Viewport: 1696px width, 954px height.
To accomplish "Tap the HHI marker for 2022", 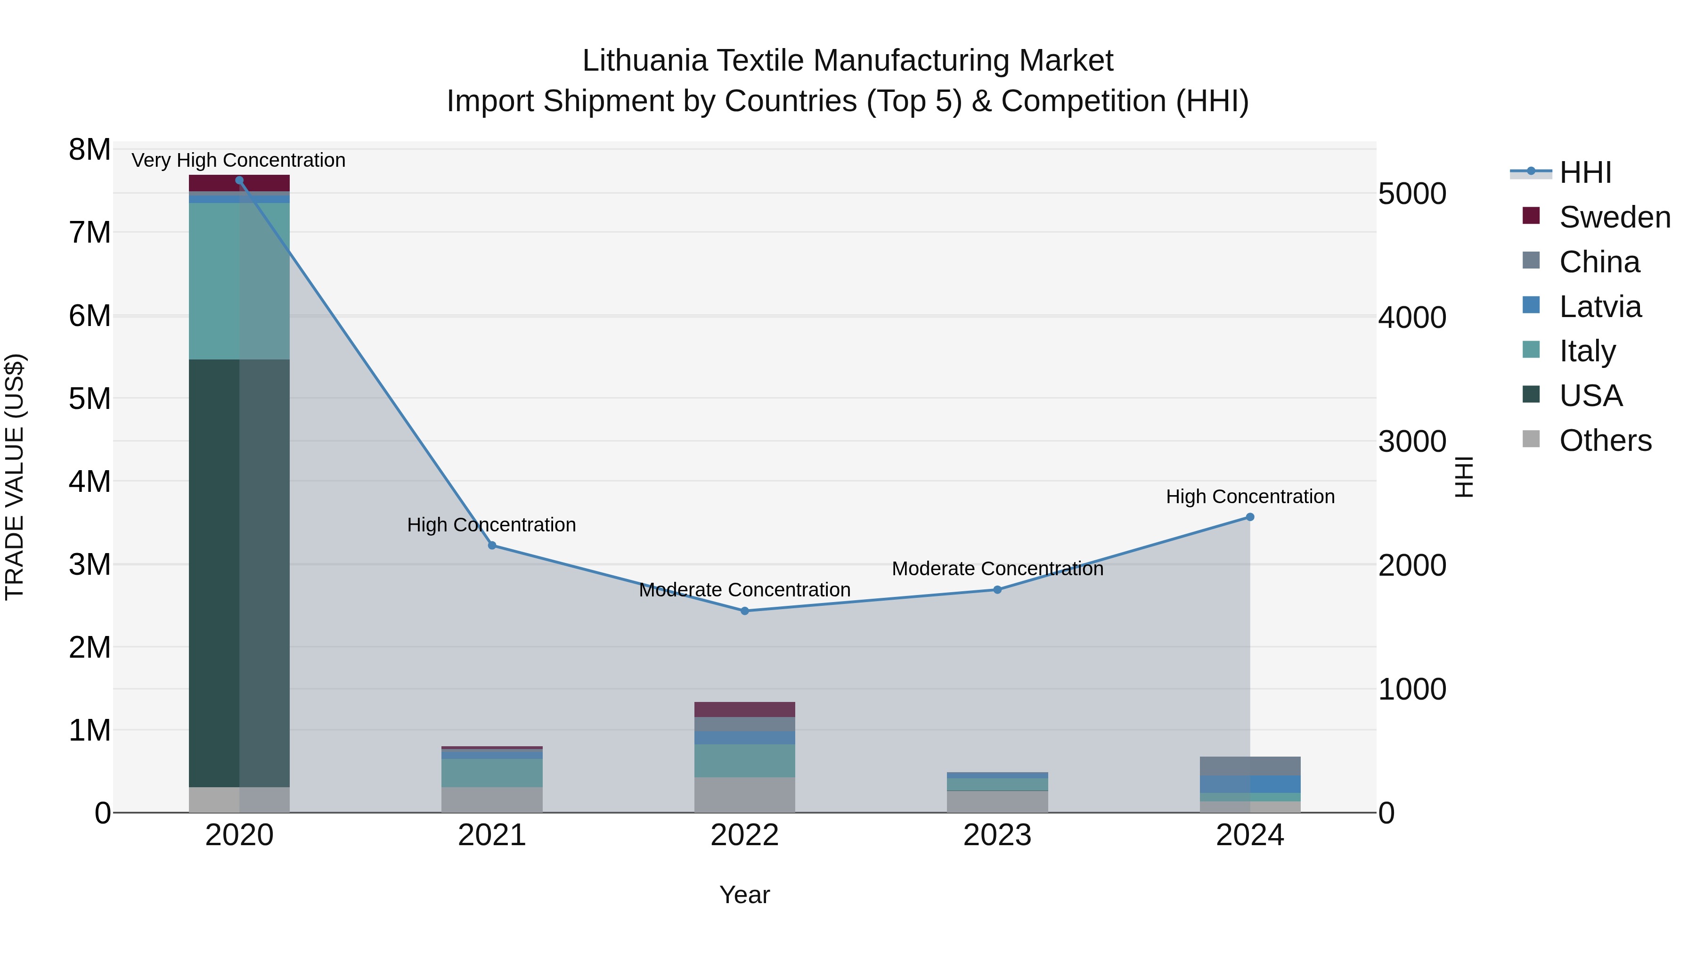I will [745, 611].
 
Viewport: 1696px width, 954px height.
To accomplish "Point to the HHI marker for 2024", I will [1250, 517].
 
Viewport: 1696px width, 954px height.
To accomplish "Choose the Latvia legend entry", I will [1600, 307].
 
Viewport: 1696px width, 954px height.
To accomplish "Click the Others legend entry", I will [1605, 440].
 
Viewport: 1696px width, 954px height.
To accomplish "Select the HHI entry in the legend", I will [1585, 172].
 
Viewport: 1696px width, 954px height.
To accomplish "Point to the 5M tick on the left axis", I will [90, 398].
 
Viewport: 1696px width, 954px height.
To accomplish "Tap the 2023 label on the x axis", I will [997, 835].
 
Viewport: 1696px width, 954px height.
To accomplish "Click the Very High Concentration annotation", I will [238, 160].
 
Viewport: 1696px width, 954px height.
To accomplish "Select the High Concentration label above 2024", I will [1250, 497].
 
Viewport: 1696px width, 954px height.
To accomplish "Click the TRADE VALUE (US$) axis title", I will [15, 477].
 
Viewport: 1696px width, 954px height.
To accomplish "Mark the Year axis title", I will [745, 895].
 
